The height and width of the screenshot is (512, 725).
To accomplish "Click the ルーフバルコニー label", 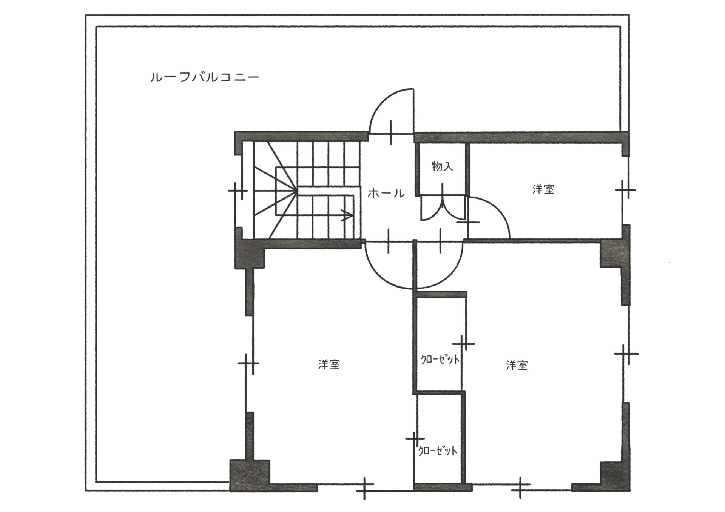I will (204, 78).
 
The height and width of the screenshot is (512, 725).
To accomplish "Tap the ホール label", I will (386, 194).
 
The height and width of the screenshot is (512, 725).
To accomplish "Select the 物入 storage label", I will (442, 166).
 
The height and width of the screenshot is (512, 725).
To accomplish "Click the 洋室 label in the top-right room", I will (543, 189).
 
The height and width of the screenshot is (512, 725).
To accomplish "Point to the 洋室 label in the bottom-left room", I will (329, 364).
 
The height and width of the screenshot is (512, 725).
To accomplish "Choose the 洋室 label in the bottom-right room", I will (517, 365).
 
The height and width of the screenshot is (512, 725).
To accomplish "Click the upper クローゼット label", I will (440, 360).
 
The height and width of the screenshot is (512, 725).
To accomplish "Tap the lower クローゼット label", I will (438, 450).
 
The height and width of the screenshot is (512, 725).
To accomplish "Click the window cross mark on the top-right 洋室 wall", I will (625, 189).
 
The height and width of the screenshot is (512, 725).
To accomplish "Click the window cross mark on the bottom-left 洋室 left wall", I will (248, 363).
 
